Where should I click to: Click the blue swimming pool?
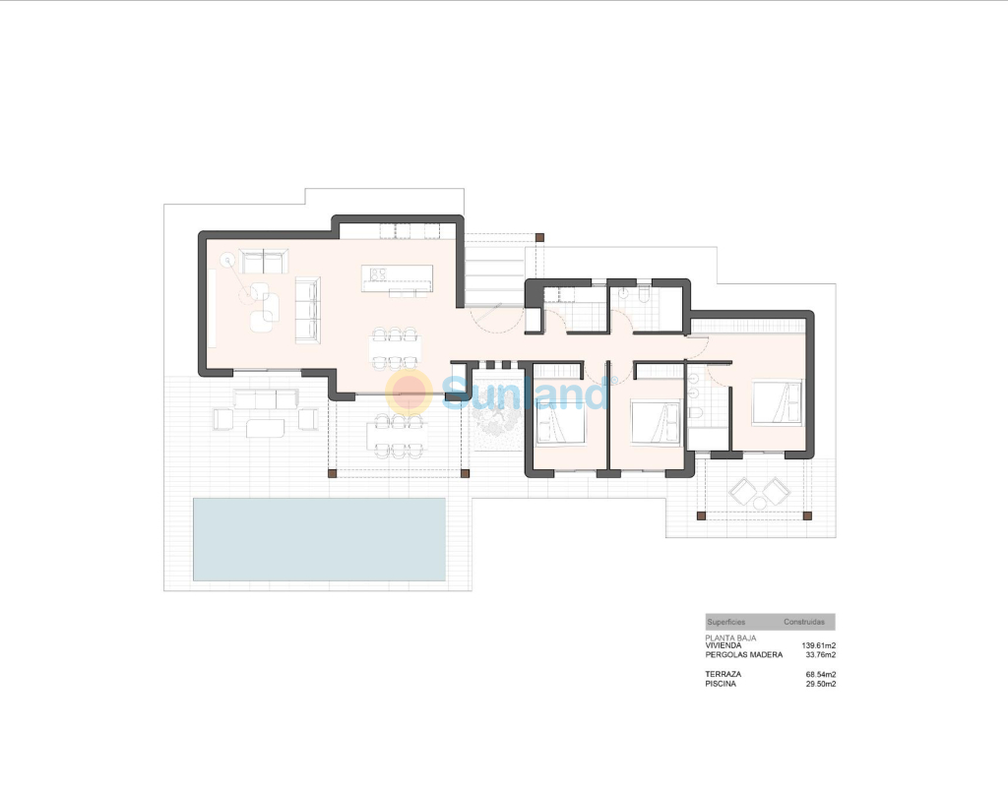(x=320, y=539)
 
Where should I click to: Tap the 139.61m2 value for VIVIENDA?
(x=818, y=645)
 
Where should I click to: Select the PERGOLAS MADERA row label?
(x=744, y=654)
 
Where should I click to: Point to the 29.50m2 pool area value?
(x=820, y=685)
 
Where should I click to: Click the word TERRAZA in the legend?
(x=724, y=675)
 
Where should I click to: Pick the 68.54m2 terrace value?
(x=820, y=675)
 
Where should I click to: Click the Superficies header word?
(x=726, y=622)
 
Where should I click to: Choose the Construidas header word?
(x=803, y=622)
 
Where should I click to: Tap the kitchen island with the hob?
(x=397, y=278)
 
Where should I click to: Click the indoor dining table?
(x=396, y=349)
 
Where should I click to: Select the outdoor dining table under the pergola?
(x=399, y=436)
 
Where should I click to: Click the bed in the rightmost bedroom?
(x=778, y=402)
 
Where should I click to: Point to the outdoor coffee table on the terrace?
(x=265, y=428)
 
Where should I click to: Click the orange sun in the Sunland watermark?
(x=409, y=392)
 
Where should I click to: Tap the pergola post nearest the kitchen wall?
(x=539, y=238)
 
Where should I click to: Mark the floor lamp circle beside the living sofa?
(x=227, y=260)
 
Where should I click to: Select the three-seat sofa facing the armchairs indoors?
(x=307, y=310)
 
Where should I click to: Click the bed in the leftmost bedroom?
(x=560, y=421)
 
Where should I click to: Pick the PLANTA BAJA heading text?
(x=731, y=637)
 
